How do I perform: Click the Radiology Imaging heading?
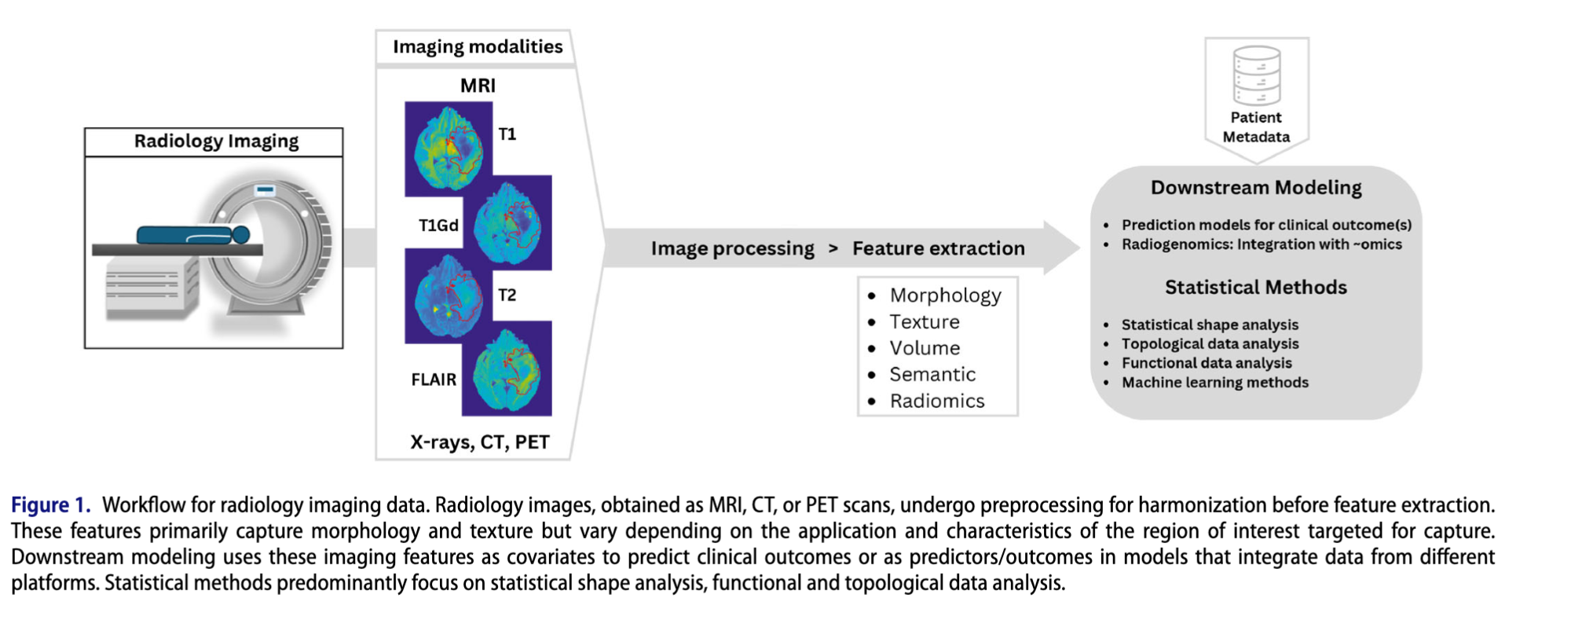(x=216, y=141)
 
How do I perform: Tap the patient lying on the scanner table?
(x=193, y=234)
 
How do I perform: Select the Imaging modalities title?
(x=478, y=47)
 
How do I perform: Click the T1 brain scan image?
(x=449, y=149)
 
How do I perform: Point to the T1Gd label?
(x=438, y=226)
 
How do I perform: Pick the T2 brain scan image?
(x=449, y=297)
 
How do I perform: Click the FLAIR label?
(x=434, y=380)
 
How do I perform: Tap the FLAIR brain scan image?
(x=507, y=369)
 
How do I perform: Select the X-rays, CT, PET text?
(x=479, y=442)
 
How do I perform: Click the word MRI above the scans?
(x=478, y=86)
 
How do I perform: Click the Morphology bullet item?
(x=945, y=295)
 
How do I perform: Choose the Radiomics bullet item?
(x=936, y=401)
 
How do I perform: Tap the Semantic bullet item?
(x=932, y=375)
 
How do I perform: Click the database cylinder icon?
(x=1257, y=75)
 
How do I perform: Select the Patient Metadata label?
(x=1256, y=127)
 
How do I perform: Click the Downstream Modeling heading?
(x=1256, y=188)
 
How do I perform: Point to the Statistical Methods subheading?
(x=1255, y=288)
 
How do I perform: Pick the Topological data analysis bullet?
(x=1210, y=344)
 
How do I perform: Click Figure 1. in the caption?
(x=50, y=505)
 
